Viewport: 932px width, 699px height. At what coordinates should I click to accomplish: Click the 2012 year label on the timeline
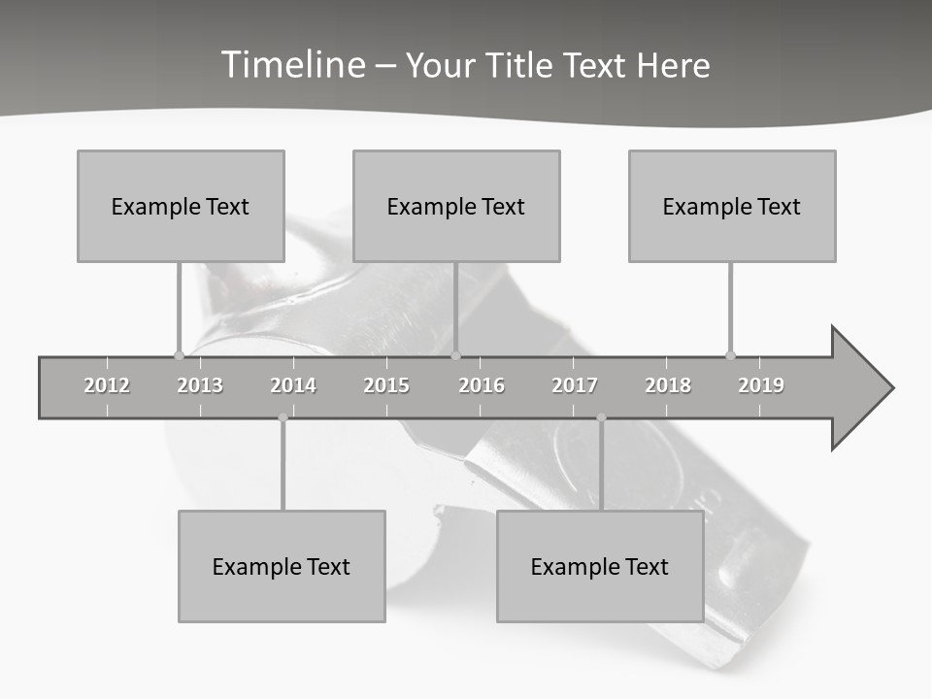[x=107, y=385]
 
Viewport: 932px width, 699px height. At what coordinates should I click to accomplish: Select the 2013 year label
[x=200, y=385]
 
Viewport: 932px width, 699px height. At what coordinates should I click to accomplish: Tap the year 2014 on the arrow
[x=293, y=385]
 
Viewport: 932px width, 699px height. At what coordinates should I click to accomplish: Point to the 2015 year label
[x=386, y=385]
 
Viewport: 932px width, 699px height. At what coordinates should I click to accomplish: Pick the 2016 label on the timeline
[x=482, y=385]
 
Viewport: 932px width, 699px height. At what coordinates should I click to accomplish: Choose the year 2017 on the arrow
[x=575, y=385]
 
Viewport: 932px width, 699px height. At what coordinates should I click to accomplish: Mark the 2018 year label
[x=668, y=385]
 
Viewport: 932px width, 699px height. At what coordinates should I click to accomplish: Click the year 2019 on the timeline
[x=761, y=385]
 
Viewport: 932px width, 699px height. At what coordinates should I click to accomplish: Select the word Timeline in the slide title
[x=291, y=65]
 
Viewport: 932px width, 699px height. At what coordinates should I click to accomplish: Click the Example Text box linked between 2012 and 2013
[x=181, y=206]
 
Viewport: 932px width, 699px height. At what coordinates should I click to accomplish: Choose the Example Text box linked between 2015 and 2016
[x=456, y=206]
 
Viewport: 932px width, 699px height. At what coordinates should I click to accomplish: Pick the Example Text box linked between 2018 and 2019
[x=732, y=206]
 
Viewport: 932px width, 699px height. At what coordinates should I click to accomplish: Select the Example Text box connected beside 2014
[x=282, y=566]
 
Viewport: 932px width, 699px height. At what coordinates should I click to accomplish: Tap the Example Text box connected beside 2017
[x=600, y=566]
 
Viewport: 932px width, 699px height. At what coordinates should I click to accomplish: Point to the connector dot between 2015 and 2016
[x=456, y=355]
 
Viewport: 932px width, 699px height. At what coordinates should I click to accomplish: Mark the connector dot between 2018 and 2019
[x=731, y=355]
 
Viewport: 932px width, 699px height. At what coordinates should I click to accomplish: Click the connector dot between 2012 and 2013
[x=179, y=355]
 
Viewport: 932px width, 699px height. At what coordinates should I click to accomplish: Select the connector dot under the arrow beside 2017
[x=601, y=417]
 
